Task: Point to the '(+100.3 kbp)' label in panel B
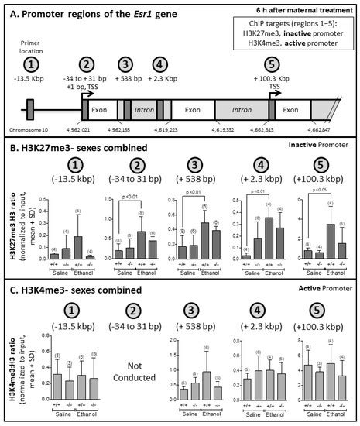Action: (x=318, y=184)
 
